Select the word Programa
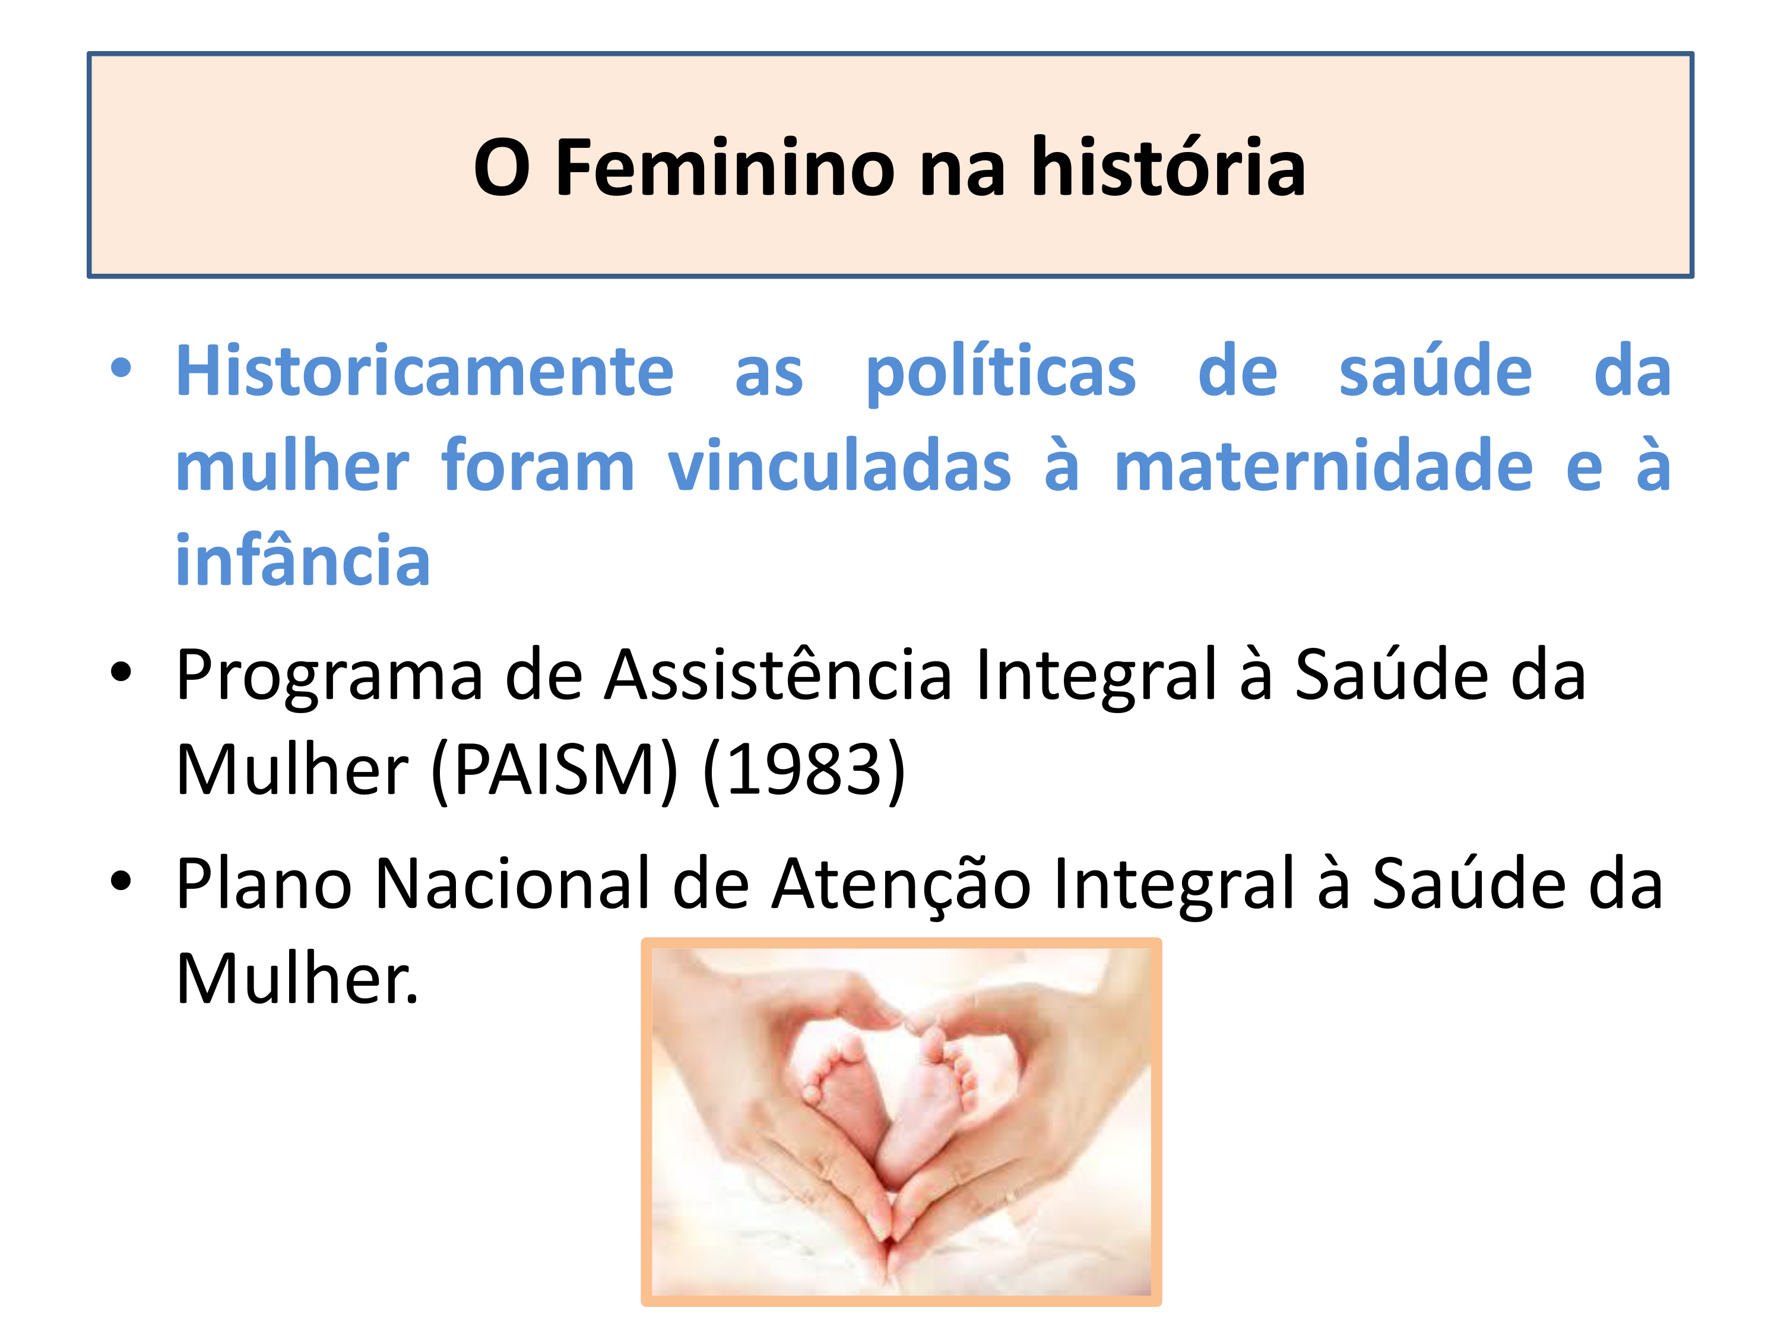click(x=329, y=676)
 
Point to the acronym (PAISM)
click(x=554, y=771)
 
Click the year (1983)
click(x=804, y=771)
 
